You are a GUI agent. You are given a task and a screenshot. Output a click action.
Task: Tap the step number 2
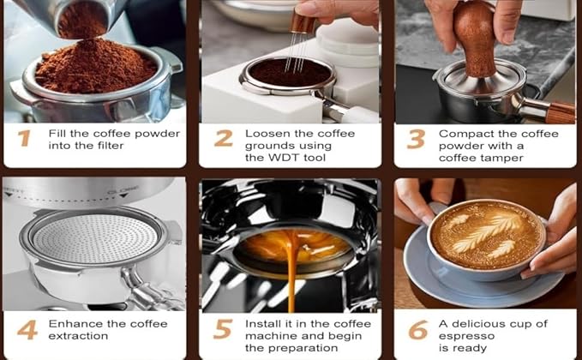point(223,139)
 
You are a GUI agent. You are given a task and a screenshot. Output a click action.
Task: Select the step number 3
point(416,139)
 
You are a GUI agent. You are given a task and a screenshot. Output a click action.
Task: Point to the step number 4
point(27,330)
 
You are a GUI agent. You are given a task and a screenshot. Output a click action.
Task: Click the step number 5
point(223,330)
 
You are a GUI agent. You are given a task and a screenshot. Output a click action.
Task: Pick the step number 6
point(417,330)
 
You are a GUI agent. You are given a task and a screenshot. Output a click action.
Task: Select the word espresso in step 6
point(466,336)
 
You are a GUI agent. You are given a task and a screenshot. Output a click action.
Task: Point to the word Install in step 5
point(262,324)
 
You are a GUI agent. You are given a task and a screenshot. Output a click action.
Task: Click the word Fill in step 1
point(59,134)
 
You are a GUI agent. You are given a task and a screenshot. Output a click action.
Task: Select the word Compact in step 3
point(464,134)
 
